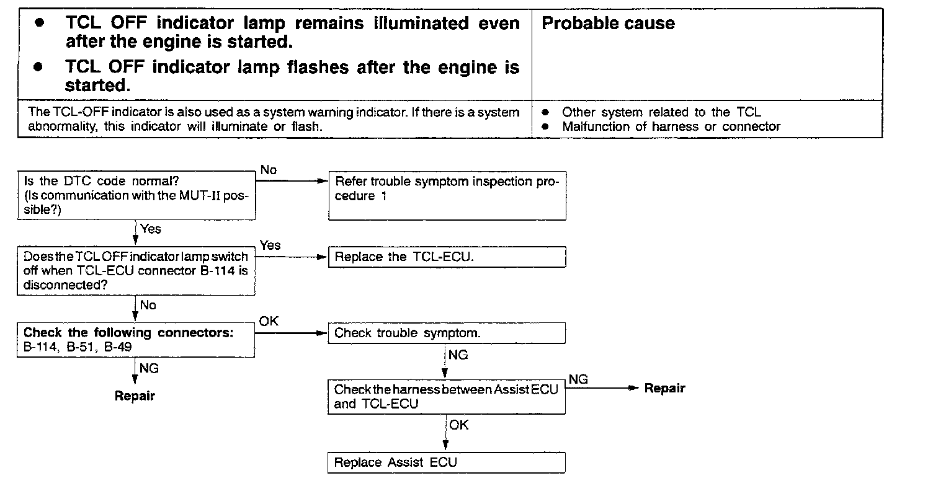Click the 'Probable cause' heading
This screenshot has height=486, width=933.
click(608, 24)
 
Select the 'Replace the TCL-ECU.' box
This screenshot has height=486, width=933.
click(447, 257)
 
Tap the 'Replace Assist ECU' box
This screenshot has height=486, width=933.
click(447, 462)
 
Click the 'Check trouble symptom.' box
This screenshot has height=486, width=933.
click(447, 334)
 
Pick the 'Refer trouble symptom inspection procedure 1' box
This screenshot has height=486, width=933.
click(447, 196)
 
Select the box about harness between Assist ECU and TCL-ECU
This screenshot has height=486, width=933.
click(447, 397)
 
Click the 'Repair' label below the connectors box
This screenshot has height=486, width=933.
click(135, 395)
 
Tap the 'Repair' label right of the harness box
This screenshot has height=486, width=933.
click(664, 388)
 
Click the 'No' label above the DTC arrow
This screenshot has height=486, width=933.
click(269, 170)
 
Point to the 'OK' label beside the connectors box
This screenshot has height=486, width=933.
click(269, 321)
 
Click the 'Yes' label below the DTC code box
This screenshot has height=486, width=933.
click(151, 229)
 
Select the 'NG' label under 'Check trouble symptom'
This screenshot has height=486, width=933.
click(458, 355)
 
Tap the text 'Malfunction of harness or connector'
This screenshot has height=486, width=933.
click(671, 126)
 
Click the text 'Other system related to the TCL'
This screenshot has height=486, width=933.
click(661, 113)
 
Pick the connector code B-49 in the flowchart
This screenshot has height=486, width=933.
click(118, 347)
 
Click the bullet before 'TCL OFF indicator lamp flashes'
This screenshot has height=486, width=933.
click(40, 66)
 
